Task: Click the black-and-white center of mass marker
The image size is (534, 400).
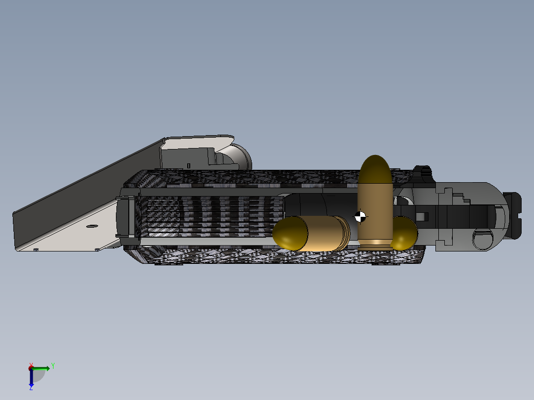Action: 361,216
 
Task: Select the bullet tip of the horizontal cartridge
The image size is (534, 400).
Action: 290,233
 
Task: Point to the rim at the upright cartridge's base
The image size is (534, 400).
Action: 375,242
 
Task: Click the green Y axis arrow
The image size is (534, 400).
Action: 43,368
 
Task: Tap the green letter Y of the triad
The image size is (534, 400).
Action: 53,366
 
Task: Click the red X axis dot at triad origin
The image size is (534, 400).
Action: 31,368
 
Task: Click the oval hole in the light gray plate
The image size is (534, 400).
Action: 91,226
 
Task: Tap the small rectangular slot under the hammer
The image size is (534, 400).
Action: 189,165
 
